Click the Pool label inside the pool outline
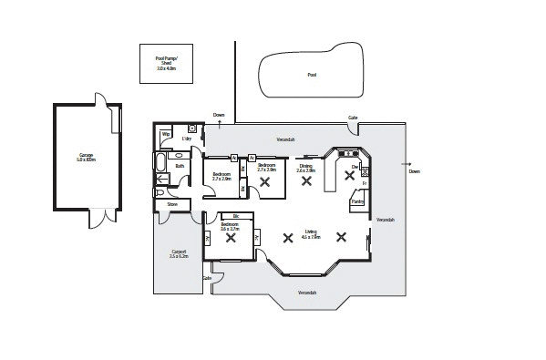pos(312,75)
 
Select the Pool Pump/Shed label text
pos(167,63)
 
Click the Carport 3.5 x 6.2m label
pos(178,254)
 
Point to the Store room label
pos(171,205)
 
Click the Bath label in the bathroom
pos(180,166)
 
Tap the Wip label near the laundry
pos(166,135)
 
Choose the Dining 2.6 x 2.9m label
pos(305,169)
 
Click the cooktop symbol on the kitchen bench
pos(364,170)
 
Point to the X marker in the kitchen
pos(349,176)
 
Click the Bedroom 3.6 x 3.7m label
pos(230,227)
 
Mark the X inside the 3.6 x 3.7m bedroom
pos(231,239)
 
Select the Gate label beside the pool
pos(352,118)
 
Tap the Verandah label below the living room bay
pos(307,293)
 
